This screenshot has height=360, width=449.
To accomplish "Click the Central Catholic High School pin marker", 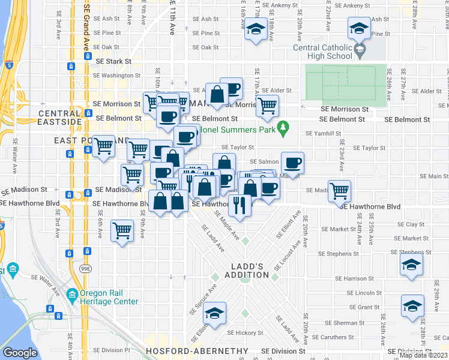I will (360, 49).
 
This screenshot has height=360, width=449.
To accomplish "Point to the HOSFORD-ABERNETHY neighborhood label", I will (196, 350).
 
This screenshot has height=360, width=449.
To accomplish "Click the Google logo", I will (20, 353).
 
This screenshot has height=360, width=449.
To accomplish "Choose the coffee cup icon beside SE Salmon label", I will (292, 163).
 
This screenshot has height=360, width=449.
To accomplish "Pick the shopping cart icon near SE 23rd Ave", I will (340, 191).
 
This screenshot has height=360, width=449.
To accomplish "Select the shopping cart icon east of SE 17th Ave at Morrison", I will (267, 106).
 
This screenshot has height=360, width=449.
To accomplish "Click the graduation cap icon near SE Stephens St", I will (411, 264).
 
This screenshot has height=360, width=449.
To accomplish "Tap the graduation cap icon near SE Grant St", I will (412, 307).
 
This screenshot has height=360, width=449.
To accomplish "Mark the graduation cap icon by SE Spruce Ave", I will (214, 313).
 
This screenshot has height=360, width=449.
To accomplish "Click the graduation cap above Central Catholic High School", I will (359, 28).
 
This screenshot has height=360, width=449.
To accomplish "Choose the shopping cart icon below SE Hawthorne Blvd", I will (122, 230).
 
